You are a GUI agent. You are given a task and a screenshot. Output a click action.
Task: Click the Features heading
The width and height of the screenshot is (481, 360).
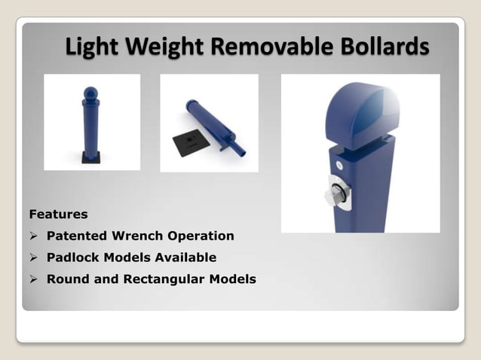[58, 215]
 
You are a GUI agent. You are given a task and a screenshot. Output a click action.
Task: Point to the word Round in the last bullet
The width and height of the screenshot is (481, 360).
[66, 279]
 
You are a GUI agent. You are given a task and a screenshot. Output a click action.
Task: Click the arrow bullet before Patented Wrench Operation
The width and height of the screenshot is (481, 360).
[33, 236]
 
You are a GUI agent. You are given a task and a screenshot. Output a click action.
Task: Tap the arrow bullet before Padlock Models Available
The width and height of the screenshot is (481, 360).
[33, 257]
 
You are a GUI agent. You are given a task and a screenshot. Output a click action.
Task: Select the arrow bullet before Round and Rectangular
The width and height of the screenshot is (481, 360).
[33, 279]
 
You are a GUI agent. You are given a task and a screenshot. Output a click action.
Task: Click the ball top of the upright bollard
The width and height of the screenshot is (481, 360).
[90, 93]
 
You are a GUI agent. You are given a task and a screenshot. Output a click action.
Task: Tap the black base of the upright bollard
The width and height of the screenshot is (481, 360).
[90, 157]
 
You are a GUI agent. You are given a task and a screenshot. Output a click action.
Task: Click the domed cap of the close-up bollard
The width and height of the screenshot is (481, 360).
[360, 111]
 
